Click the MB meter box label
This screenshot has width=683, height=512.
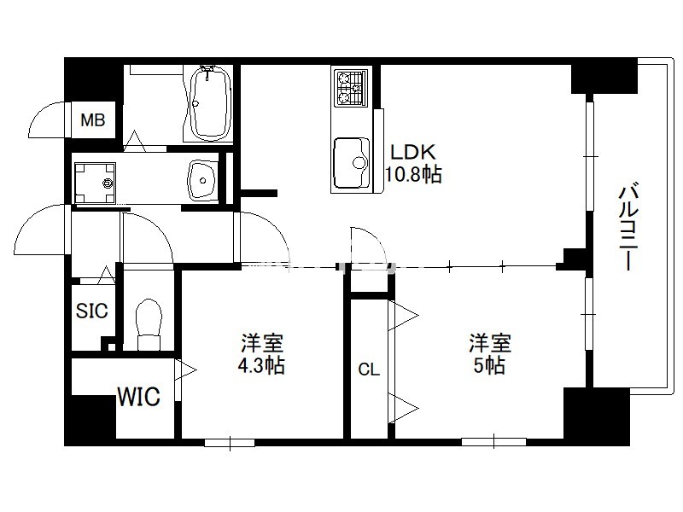click(93, 119)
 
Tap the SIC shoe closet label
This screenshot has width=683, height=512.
click(92, 311)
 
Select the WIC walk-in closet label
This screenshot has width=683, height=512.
click(139, 397)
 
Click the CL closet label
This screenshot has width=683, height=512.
click(369, 369)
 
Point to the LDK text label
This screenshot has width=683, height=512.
click(413, 152)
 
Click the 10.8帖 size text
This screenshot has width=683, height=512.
click(413, 174)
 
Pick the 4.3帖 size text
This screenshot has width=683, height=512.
click(261, 365)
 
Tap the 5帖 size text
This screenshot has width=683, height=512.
click(489, 365)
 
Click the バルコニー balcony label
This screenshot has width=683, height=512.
click(628, 227)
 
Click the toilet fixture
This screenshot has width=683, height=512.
click(149, 325)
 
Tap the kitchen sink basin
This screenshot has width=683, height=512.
click(352, 163)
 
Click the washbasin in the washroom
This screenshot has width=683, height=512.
click(202, 180)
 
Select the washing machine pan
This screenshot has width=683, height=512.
click(95, 183)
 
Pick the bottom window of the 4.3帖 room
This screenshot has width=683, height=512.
click(230, 442)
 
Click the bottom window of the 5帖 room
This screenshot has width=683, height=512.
click(493, 441)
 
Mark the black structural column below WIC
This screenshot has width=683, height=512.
click(90, 420)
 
